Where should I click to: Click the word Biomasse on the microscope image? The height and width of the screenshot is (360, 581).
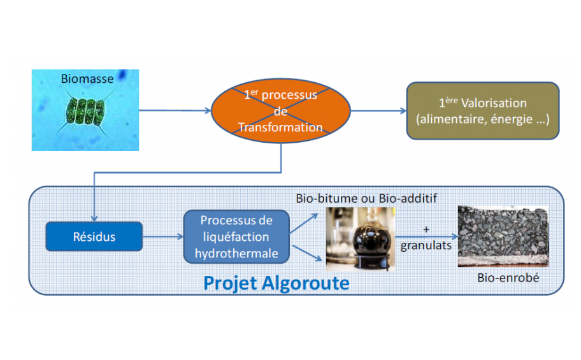tap(87, 79)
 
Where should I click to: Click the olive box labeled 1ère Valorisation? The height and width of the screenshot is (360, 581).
tap(482, 110)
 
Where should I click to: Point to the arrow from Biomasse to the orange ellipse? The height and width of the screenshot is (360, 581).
tap(175, 110)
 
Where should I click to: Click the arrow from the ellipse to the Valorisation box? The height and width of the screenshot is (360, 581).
tap(378, 110)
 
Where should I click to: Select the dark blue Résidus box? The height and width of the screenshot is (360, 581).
tap(94, 237)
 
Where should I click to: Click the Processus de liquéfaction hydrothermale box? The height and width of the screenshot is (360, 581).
tap(236, 237)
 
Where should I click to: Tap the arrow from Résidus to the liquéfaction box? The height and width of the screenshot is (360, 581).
tap(162, 237)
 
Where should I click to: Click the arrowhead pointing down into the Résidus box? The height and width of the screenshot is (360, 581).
tap(94, 217)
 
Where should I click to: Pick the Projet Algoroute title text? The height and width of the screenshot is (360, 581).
tap(276, 282)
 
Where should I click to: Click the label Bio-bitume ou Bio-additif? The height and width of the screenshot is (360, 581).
tap(366, 198)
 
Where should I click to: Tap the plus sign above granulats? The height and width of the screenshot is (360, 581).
tap(426, 229)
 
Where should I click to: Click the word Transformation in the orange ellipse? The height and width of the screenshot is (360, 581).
tap(280, 127)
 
